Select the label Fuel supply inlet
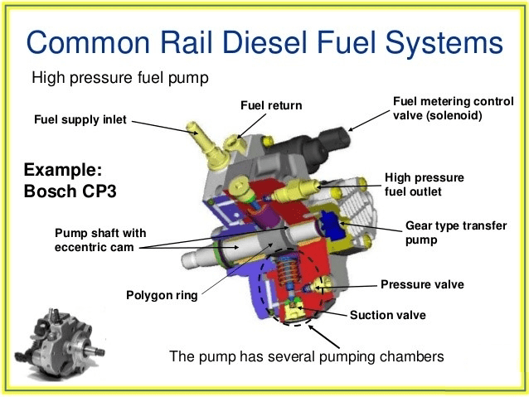click(80, 119)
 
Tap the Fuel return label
click(271, 105)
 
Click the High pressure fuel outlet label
click(425, 184)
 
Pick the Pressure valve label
click(422, 284)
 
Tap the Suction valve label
click(387, 315)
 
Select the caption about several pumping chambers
click(307, 357)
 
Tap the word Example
click(63, 170)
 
